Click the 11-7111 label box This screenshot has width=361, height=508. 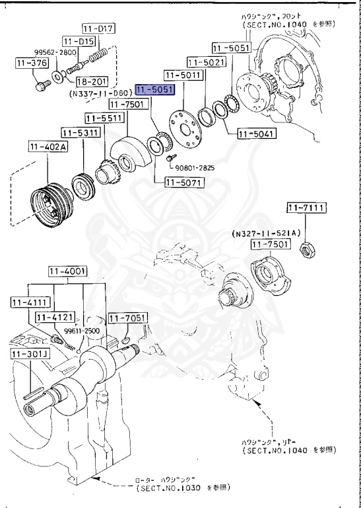306,209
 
